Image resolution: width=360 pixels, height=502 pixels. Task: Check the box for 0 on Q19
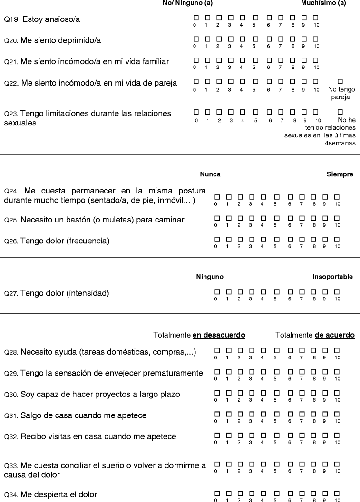tap(195, 18)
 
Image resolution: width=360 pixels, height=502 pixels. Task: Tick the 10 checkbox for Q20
tap(316, 39)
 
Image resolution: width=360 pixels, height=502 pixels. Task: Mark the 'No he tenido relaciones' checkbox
tap(340, 112)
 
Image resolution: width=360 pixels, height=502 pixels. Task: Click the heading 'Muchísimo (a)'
tap(323, 3)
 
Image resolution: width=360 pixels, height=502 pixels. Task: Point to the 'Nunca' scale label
tap(210, 174)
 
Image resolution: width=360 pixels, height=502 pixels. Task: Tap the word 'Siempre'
tap(340, 174)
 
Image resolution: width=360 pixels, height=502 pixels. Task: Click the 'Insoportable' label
tap(332, 277)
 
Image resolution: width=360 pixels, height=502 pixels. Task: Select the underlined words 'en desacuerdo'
tap(219, 335)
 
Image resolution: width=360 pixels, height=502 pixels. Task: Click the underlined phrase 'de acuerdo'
tap(335, 335)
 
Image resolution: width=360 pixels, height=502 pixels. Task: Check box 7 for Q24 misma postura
tap(302, 197)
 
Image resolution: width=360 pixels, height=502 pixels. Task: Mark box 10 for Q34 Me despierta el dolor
tap(337, 493)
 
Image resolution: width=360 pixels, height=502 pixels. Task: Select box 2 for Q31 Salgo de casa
tap(240, 414)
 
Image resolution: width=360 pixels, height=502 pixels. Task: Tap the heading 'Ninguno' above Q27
tap(210, 277)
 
